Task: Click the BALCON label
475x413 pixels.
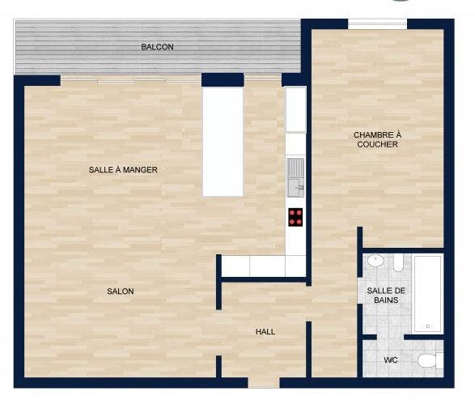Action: point(157,47)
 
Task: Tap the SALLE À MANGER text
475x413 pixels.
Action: point(123,170)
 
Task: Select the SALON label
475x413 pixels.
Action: point(120,291)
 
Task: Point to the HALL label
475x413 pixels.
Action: point(265,332)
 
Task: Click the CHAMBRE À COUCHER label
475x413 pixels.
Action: point(377,139)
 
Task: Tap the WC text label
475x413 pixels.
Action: point(390,360)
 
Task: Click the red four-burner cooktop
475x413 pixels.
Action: point(295,216)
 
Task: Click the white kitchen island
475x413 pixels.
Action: point(223,141)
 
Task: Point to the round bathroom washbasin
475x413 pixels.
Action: point(375,262)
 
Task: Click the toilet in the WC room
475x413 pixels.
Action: point(430,360)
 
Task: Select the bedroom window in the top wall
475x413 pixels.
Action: point(377,24)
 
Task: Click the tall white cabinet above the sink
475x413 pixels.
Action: point(295,109)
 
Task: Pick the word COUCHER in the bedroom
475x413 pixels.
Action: point(377,145)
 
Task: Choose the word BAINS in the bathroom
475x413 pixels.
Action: point(386,300)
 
